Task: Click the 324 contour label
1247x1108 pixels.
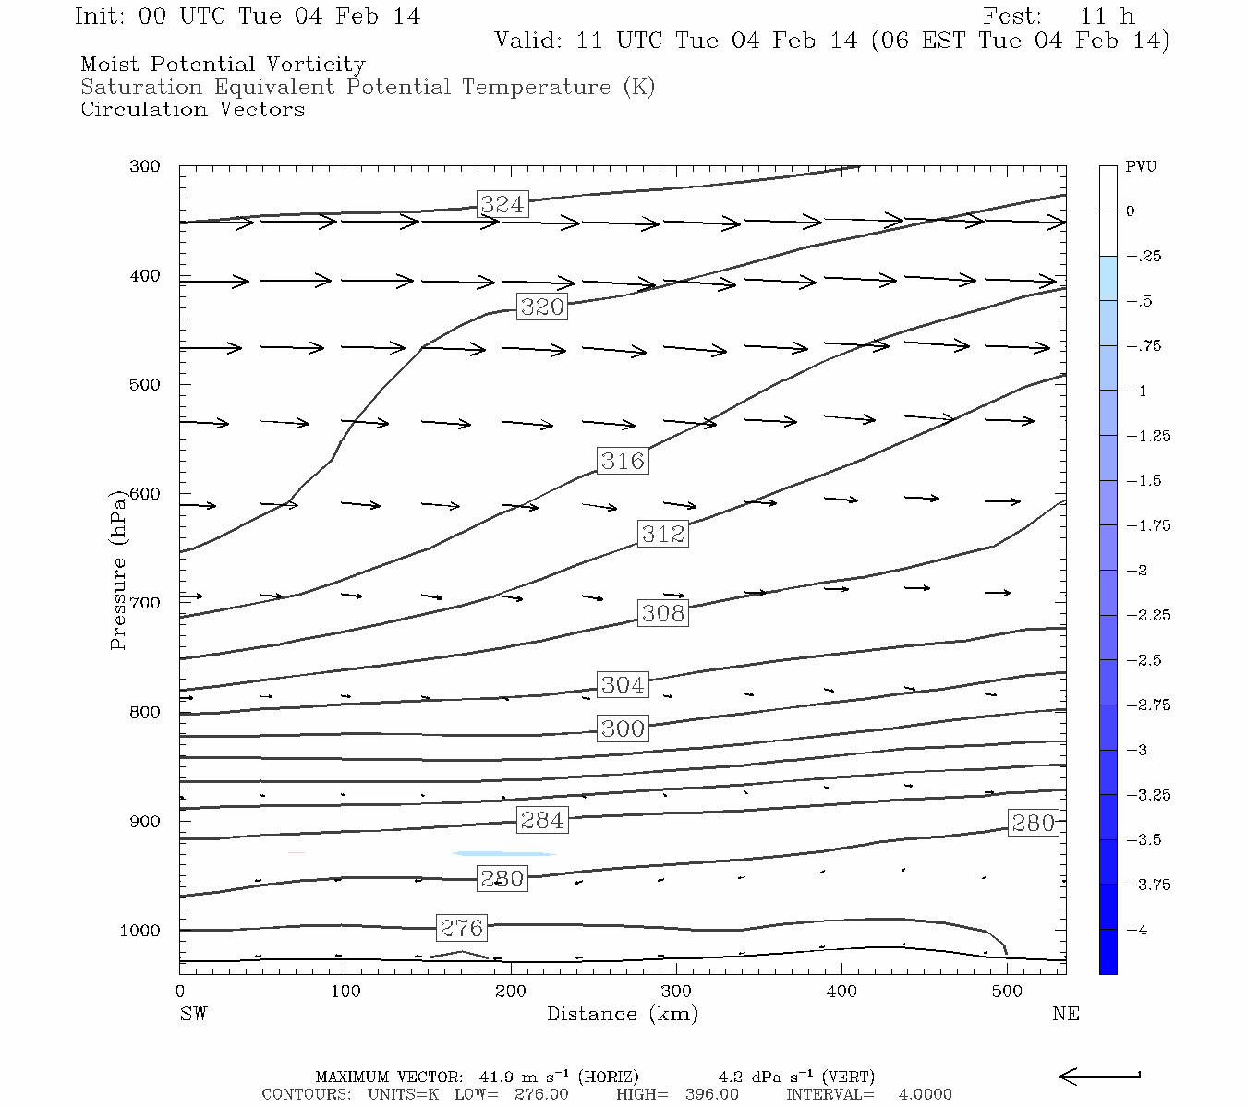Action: point(502,204)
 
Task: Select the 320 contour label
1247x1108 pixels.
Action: point(541,307)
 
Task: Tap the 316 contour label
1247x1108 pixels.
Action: point(622,461)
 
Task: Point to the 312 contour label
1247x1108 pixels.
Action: point(662,534)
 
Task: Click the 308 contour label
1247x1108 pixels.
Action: point(662,613)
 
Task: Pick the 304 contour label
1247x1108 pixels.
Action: point(622,684)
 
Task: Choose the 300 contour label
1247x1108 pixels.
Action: point(622,729)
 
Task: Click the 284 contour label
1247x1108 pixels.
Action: point(541,820)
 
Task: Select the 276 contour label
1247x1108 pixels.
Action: point(461,927)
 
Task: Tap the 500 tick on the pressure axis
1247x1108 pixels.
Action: point(145,384)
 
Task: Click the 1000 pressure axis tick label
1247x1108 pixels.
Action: point(140,931)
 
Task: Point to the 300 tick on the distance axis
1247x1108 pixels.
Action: point(676,992)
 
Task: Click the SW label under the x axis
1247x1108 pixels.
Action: point(193,1014)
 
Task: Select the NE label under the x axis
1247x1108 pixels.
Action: point(1065,1014)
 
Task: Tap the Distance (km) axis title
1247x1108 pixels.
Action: point(622,1014)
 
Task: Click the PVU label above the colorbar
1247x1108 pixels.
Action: point(1141,167)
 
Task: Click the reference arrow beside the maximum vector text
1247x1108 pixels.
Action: point(1099,1076)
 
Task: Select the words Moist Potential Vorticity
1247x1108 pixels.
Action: point(223,65)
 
